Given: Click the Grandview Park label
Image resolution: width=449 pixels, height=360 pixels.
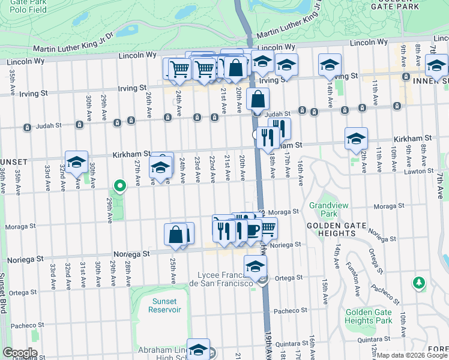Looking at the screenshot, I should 324,209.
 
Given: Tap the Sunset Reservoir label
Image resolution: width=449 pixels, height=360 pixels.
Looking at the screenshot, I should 164,305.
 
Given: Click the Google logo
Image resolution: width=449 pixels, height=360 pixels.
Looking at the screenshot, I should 19,353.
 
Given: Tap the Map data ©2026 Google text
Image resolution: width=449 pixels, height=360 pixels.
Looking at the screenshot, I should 411,355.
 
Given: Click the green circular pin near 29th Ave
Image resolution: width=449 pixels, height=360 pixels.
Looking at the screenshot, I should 119,186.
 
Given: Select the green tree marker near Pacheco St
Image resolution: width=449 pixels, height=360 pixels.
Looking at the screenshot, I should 419,282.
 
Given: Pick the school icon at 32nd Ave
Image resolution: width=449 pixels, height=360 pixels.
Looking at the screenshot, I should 76,162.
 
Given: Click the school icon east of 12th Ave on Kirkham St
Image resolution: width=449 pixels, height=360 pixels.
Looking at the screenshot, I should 357,138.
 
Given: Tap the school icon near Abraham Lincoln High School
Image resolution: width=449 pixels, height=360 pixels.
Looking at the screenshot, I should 198,349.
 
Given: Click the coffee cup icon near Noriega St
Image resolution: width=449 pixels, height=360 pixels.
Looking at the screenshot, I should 250,229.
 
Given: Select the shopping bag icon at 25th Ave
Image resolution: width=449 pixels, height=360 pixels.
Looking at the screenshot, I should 176,235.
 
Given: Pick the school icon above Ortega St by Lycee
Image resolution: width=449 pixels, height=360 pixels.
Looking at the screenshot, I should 255,266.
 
